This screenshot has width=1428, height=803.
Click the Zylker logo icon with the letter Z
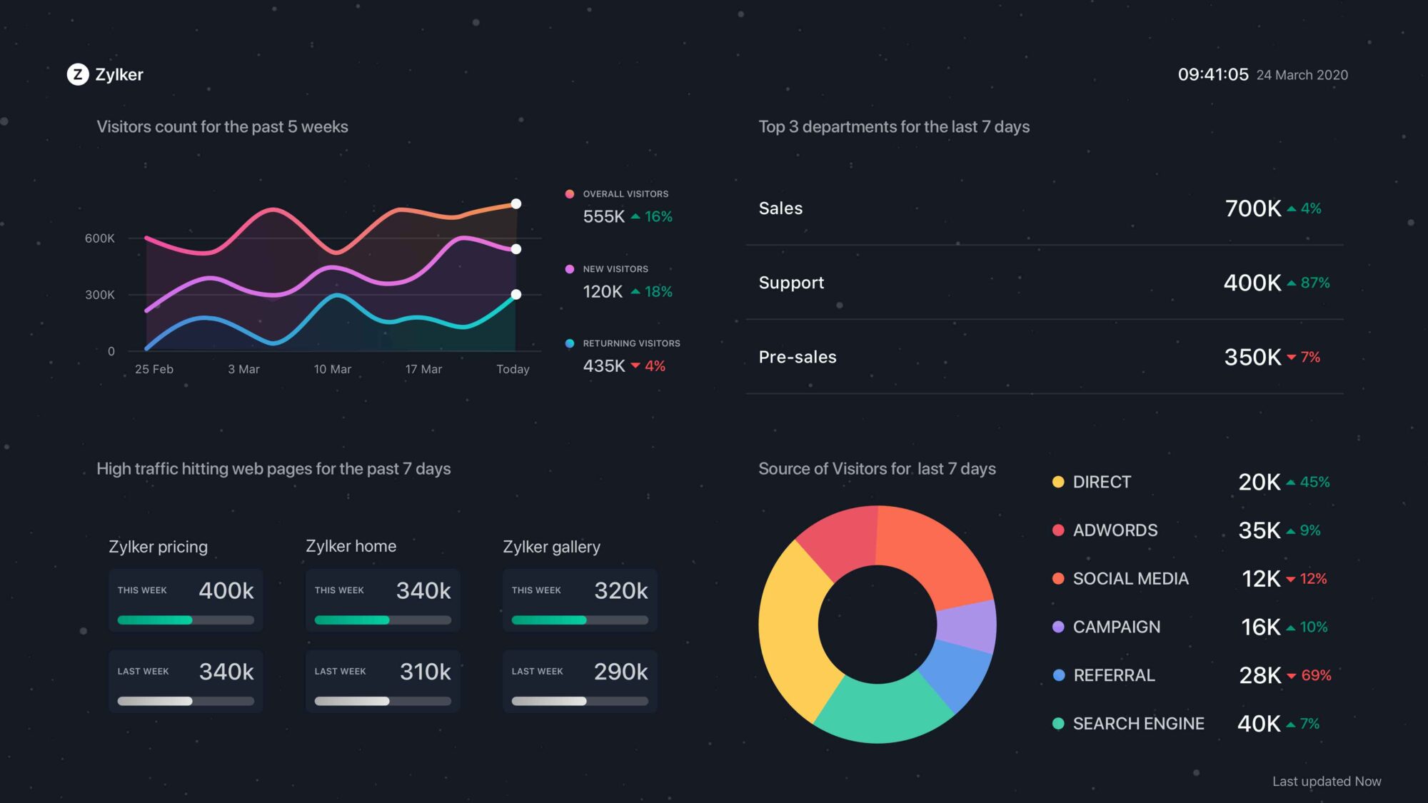(78, 74)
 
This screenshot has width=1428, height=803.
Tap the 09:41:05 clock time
(1212, 74)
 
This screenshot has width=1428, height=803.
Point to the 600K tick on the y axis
(99, 238)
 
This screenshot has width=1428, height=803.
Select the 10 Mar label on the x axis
(332, 369)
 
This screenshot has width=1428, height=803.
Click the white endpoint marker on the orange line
(516, 204)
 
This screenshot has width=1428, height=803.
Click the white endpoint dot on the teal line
(516, 294)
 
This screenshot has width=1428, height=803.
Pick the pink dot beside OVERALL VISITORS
(570, 194)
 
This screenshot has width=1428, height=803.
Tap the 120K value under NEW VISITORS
(603, 291)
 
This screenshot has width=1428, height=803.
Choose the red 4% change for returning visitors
(654, 366)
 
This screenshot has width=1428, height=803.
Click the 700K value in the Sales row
(1252, 208)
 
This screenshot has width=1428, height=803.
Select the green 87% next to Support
(1314, 283)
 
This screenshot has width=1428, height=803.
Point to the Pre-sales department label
(797, 357)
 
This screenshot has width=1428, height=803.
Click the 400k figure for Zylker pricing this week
(226, 590)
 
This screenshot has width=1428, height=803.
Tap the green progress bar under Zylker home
(352, 620)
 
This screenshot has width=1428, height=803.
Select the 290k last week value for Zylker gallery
(620, 672)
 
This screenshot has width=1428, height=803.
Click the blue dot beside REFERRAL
(1059, 675)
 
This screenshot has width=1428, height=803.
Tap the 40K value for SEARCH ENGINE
(1258, 724)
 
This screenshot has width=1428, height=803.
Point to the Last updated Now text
(1326, 782)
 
